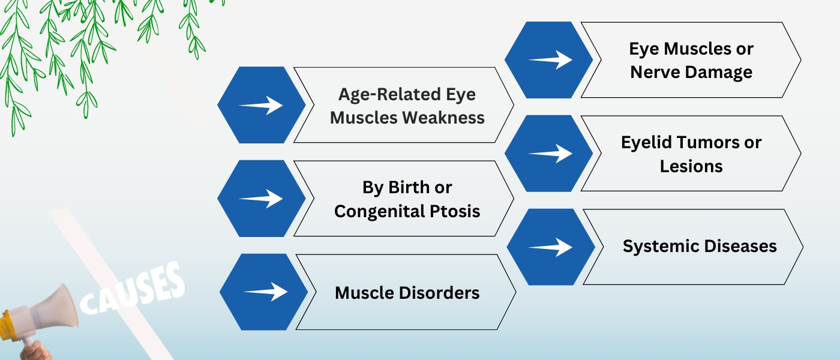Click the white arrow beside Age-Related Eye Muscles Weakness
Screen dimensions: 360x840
click(x=261, y=106)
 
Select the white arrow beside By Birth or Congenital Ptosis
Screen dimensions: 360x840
click(x=261, y=199)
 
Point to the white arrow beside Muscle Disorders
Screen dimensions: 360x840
click(x=265, y=292)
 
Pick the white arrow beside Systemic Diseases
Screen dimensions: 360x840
click(x=551, y=247)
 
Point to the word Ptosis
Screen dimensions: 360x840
click(x=460, y=211)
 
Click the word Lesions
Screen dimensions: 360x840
click(x=691, y=166)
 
